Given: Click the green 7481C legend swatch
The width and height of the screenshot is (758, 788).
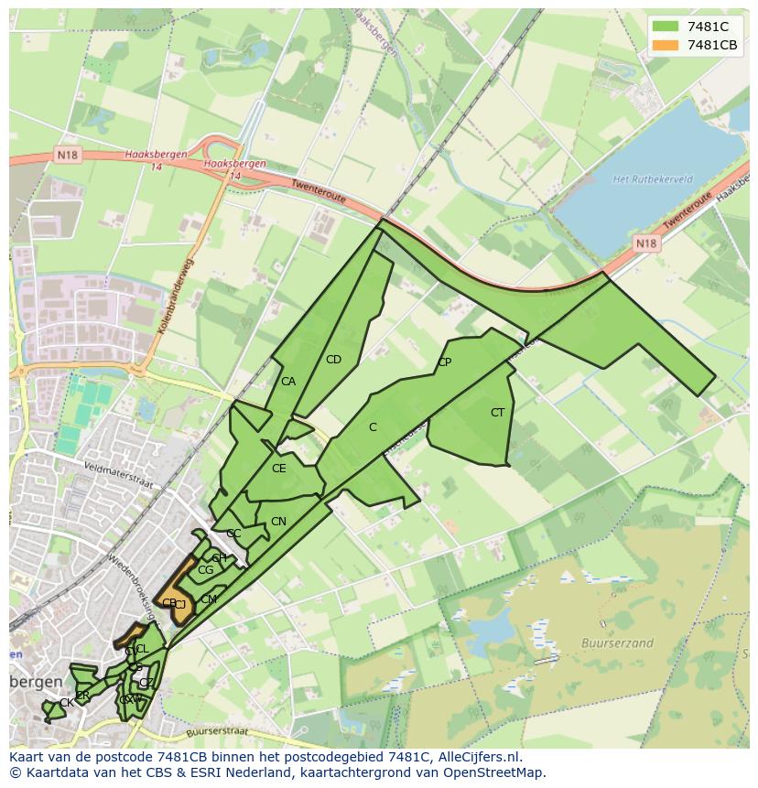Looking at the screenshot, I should pyautogui.click(x=666, y=27).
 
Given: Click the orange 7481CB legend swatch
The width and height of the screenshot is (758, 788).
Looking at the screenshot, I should pyautogui.click(x=666, y=45).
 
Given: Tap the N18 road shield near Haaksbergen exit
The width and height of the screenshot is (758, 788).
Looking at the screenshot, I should pyautogui.click(x=68, y=155).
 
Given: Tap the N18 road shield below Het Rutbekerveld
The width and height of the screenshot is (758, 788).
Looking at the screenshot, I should pyautogui.click(x=646, y=243).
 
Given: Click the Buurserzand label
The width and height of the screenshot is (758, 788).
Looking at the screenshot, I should pyautogui.click(x=617, y=643).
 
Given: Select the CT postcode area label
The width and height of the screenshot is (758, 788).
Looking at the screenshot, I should pyautogui.click(x=497, y=413).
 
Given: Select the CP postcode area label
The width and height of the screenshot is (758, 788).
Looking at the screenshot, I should pyautogui.click(x=444, y=362).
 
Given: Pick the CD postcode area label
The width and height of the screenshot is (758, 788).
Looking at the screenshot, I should pyautogui.click(x=333, y=360).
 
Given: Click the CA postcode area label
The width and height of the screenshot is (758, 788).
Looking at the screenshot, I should pyautogui.click(x=288, y=382).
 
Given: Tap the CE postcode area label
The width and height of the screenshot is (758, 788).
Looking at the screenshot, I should pyautogui.click(x=279, y=469).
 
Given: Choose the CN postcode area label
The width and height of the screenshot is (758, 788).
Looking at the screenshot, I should pyautogui.click(x=278, y=522).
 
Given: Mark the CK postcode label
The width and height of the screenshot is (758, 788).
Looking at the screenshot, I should pyautogui.click(x=66, y=703).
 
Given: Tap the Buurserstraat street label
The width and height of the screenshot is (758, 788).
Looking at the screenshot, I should pyautogui.click(x=216, y=732).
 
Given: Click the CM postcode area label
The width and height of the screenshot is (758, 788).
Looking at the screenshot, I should pyautogui.click(x=209, y=599).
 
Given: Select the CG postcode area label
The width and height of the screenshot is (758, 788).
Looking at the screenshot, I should pyautogui.click(x=205, y=570).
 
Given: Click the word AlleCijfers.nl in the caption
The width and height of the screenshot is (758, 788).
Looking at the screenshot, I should pyautogui.click(x=475, y=757).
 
